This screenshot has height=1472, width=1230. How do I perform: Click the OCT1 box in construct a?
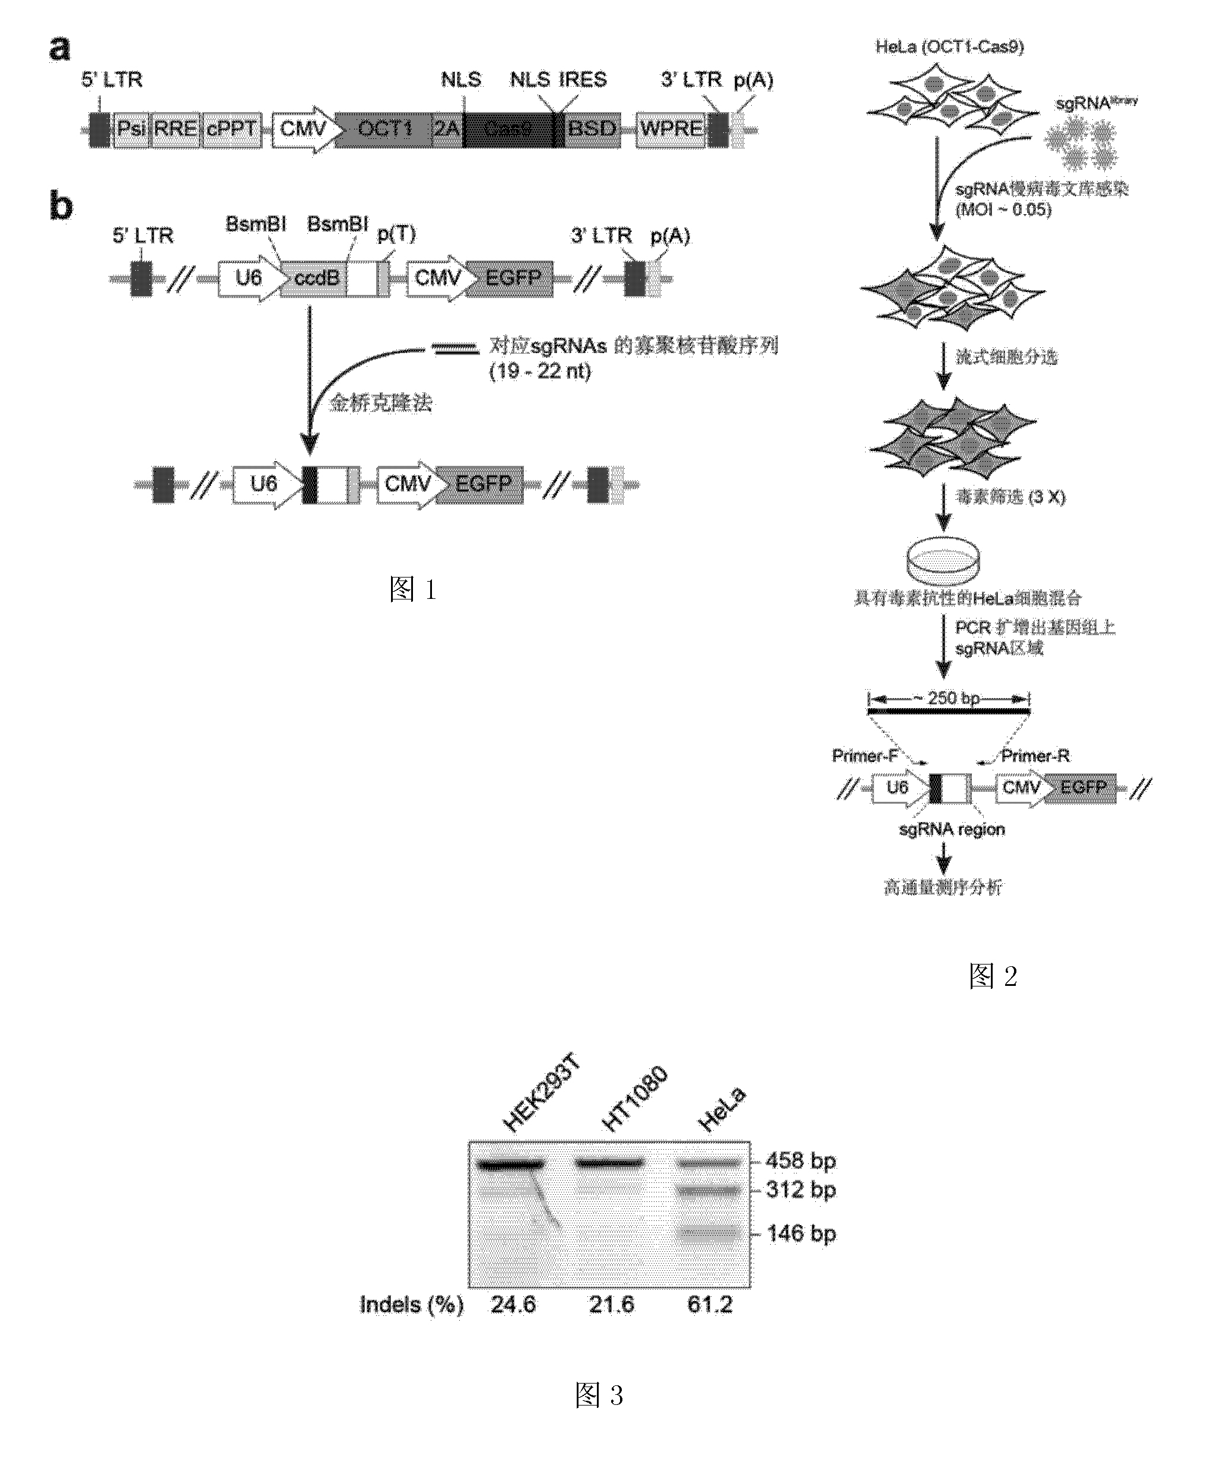(x=384, y=129)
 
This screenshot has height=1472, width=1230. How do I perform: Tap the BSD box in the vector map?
(x=592, y=129)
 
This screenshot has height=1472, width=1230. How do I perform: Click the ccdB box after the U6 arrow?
(x=316, y=278)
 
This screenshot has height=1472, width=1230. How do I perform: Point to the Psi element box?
(x=132, y=129)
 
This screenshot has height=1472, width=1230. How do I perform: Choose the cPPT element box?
(x=231, y=129)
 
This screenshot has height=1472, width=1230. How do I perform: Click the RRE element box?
(x=175, y=129)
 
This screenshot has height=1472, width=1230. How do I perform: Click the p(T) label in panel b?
(x=396, y=234)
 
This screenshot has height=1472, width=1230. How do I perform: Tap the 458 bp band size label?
(x=800, y=1161)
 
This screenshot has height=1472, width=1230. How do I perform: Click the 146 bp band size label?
(x=801, y=1233)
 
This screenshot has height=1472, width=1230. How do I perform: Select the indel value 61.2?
(x=709, y=1305)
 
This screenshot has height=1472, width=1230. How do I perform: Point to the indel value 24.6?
(x=513, y=1305)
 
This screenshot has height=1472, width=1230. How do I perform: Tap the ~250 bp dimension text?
(x=952, y=699)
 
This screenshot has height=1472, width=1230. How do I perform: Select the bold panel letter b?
(x=61, y=206)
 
